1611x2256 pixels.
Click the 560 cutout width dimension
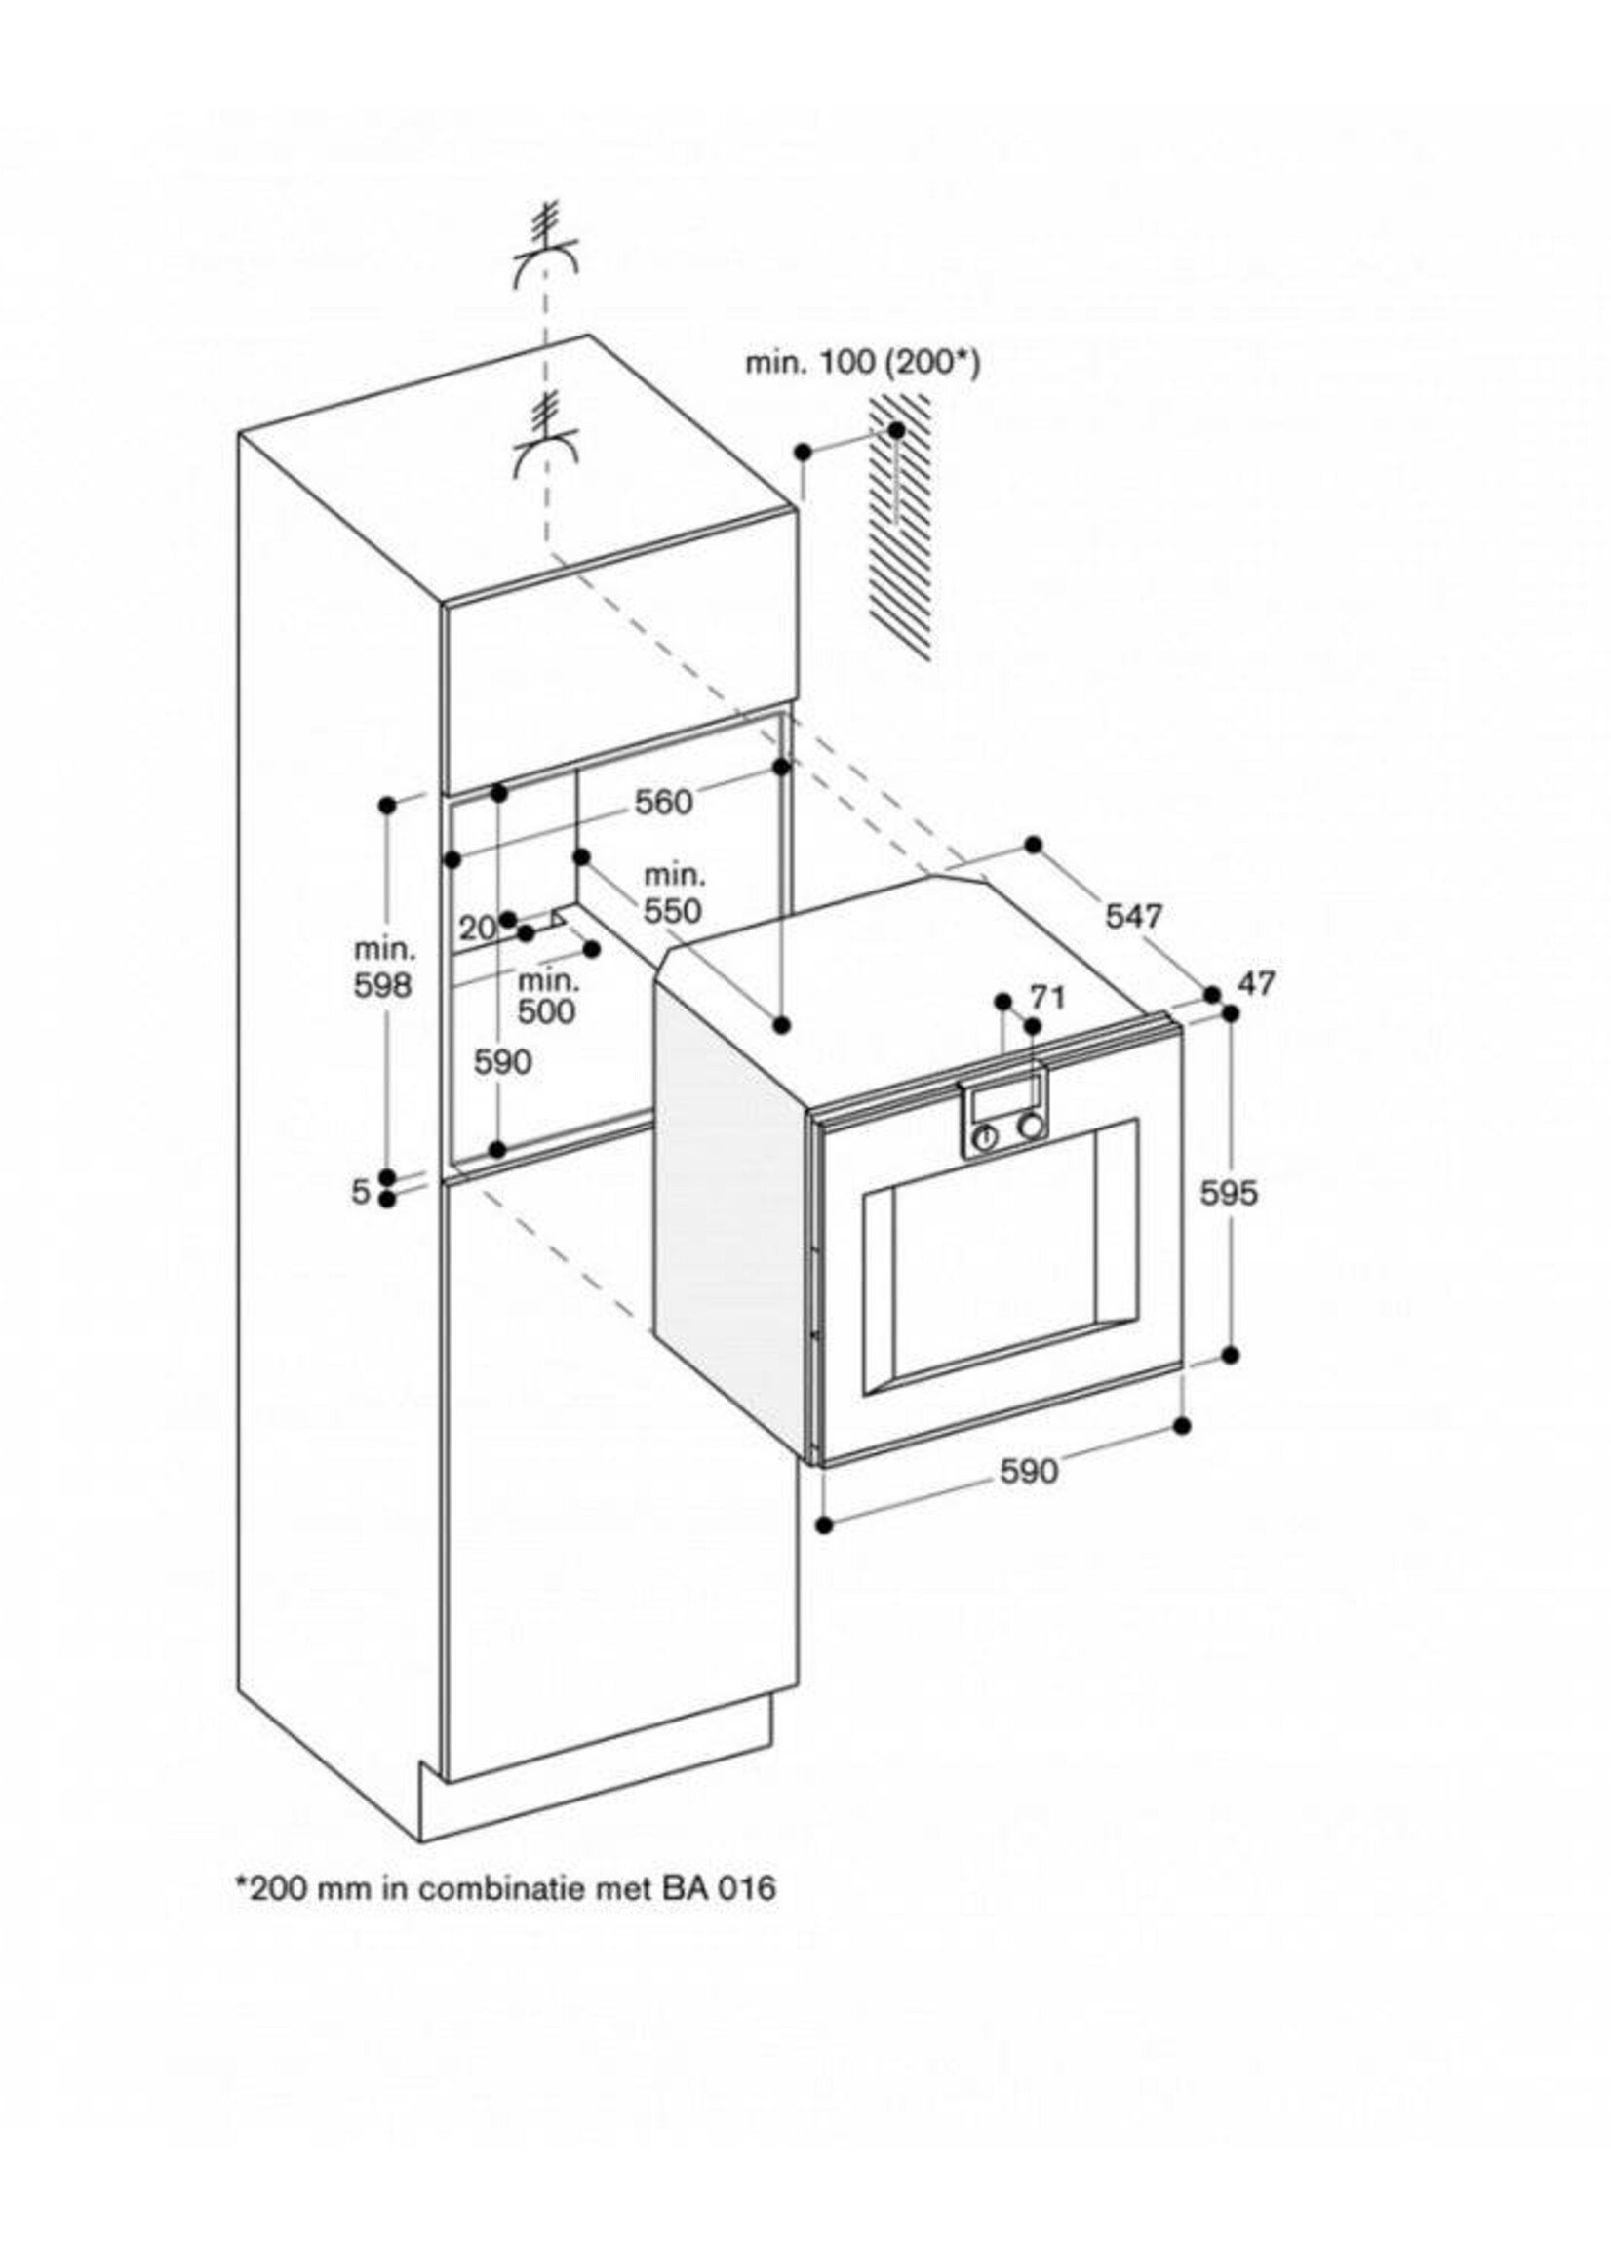[664, 802]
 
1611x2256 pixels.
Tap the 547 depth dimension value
[1134, 916]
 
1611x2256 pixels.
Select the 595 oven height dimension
[1228, 1193]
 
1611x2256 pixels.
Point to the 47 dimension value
[1256, 984]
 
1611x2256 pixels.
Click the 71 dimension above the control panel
[1047, 996]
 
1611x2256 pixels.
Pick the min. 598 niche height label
[384, 968]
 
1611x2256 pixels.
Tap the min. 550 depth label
[674, 892]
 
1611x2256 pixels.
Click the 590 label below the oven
[1029, 1470]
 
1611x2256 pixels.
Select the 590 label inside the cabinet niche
[503, 1061]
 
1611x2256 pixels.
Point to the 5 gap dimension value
[361, 1191]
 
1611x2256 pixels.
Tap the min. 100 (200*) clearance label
[862, 364]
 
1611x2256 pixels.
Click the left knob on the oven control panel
[986, 1138]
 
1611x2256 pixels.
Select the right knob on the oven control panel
[1032, 1127]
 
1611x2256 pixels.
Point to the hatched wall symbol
[901, 526]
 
